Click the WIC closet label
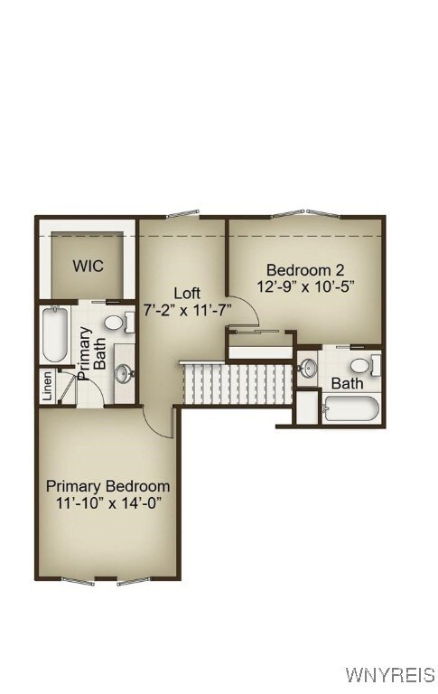(x=88, y=267)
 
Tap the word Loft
(x=187, y=293)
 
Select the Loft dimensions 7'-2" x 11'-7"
(x=188, y=310)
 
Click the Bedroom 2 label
(x=304, y=269)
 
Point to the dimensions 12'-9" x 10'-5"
(x=305, y=286)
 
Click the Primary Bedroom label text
(x=107, y=485)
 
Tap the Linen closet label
(x=47, y=387)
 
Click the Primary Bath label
(x=91, y=353)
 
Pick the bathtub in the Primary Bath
(x=54, y=336)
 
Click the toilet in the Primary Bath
(x=115, y=322)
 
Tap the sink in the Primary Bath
(x=125, y=371)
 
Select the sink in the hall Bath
(x=309, y=368)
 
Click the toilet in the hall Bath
(x=362, y=366)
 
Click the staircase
(x=238, y=383)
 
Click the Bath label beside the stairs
(x=348, y=384)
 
